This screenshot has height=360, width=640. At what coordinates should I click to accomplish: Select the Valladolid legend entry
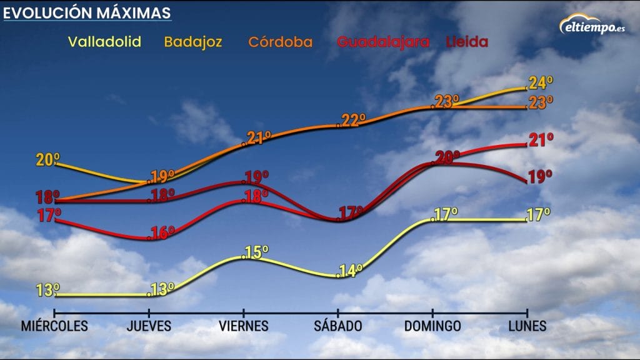pyautogui.click(x=104, y=42)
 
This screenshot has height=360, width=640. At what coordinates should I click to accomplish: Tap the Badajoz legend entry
pyautogui.click(x=193, y=42)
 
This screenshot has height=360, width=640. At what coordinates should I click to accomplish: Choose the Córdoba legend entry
pyautogui.click(x=281, y=42)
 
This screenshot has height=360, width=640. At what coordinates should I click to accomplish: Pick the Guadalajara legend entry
pyautogui.click(x=383, y=42)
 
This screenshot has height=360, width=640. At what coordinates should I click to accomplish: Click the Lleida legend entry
pyautogui.click(x=466, y=42)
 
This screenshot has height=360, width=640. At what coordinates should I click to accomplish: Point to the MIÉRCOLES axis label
pyautogui.click(x=54, y=326)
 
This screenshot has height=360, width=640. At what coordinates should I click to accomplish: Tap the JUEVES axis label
pyautogui.click(x=149, y=326)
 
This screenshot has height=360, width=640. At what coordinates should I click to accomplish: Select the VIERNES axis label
pyautogui.click(x=244, y=326)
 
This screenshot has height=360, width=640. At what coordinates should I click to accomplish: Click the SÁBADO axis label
pyautogui.click(x=338, y=326)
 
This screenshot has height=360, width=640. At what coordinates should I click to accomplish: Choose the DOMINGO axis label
pyautogui.click(x=432, y=326)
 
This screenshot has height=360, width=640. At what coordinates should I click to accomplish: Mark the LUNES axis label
pyautogui.click(x=527, y=326)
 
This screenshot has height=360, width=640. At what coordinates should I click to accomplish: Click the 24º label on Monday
pyautogui.click(x=541, y=83)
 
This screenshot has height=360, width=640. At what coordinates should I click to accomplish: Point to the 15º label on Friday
pyautogui.click(x=256, y=252)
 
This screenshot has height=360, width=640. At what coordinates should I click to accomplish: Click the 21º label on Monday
pyautogui.click(x=541, y=140)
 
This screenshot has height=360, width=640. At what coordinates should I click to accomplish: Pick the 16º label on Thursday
pyautogui.click(x=162, y=233)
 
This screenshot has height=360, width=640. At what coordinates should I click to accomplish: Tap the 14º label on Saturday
pyautogui.click(x=351, y=271)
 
